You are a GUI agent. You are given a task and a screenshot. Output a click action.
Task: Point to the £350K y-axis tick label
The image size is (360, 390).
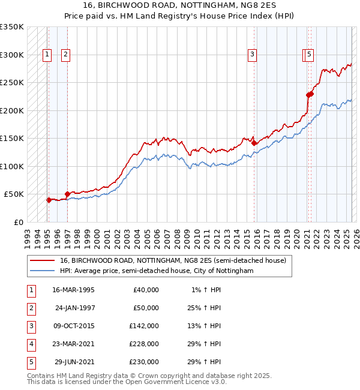tap(12, 27)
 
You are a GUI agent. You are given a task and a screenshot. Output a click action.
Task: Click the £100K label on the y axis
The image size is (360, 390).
tap(12, 166)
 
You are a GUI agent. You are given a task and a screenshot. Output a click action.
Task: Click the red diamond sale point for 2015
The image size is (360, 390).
tap(254, 143)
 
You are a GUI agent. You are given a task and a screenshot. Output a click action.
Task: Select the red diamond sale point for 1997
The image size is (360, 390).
tap(67, 194)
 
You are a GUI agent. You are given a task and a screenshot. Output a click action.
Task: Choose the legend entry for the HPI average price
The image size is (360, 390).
tap(157, 271)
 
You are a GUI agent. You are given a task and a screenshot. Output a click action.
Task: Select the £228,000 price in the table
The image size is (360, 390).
tap(143, 344)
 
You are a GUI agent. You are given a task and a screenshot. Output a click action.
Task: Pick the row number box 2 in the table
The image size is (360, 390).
tap(31, 308)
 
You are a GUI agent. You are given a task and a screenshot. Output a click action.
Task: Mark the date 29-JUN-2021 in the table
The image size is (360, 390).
tap(74, 362)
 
